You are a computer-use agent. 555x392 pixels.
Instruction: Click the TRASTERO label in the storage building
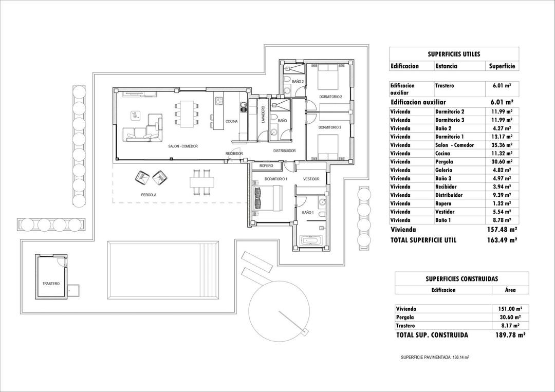click(x=51, y=284)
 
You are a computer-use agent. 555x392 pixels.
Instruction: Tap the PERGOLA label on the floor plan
click(x=149, y=195)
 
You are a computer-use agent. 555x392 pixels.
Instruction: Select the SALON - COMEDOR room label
click(x=182, y=146)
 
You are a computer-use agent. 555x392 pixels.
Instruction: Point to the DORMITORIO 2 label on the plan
click(x=330, y=97)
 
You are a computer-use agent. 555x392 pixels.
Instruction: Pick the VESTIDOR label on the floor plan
click(x=311, y=179)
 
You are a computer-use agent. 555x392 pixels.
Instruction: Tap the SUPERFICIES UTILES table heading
click(x=453, y=53)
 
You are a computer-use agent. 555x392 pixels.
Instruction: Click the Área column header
click(x=510, y=290)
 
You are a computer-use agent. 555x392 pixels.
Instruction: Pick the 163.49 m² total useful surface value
click(x=502, y=240)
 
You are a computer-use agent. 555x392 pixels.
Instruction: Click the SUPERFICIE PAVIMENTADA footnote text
click(x=435, y=357)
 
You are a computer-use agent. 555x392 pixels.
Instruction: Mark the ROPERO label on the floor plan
click(x=266, y=166)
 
